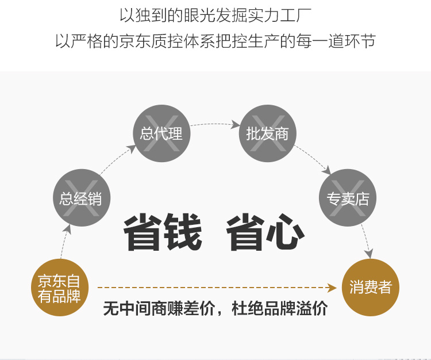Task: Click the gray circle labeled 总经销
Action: [81, 198]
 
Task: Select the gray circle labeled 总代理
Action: [161, 133]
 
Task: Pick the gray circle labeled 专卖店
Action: [348, 198]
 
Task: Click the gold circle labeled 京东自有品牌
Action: [59, 288]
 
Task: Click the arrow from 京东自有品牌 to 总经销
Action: [65, 242]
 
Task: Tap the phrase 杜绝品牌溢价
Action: [279, 309]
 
